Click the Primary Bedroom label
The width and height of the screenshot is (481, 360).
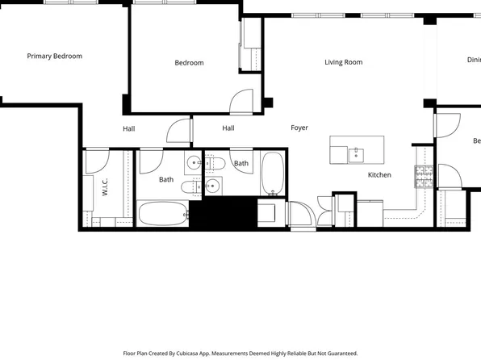(55, 57)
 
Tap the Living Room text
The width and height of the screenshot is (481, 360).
(343, 62)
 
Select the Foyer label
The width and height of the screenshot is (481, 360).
(299, 128)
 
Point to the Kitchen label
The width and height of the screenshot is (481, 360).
(379, 175)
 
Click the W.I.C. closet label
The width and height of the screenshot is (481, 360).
(105, 188)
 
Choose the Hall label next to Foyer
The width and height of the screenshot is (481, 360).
(228, 128)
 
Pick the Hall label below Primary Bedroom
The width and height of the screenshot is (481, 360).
(129, 128)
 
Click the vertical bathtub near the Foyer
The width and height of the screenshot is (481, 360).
(272, 174)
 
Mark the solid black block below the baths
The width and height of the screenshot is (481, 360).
(226, 213)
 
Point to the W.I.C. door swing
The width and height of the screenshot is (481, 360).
(98, 160)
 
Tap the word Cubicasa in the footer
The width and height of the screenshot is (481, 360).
(205, 353)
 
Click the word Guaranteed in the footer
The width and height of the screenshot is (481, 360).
(339, 353)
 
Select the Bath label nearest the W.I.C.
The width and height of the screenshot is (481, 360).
(165, 180)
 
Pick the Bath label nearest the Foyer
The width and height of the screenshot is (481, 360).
(241, 164)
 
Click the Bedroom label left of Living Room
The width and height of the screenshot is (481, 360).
(189, 63)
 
